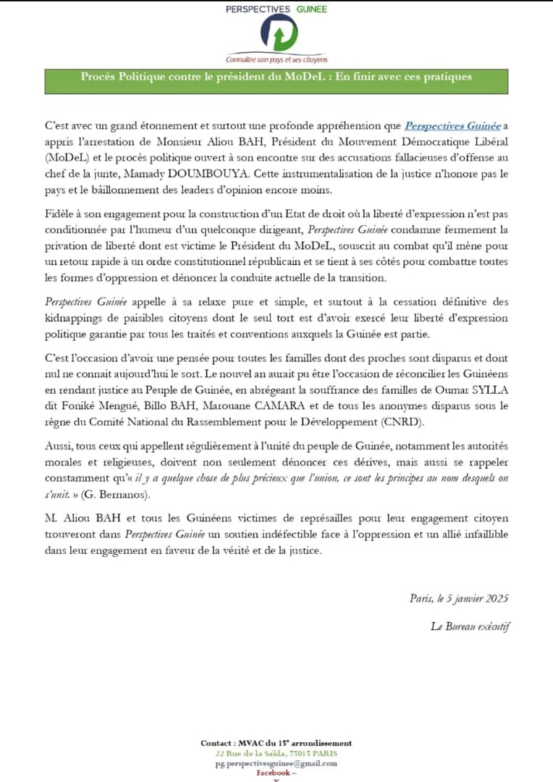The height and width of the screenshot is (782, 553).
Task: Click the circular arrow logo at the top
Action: [276, 34]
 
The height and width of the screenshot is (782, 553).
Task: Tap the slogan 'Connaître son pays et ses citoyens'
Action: [276, 59]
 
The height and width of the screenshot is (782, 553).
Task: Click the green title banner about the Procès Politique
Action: [276, 77]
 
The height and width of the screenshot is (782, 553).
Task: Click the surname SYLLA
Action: [490, 390]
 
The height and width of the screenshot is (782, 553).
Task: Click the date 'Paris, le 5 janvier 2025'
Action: [458, 598]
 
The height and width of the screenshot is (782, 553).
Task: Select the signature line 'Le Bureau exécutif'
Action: [469, 626]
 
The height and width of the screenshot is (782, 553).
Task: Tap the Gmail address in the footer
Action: [276, 763]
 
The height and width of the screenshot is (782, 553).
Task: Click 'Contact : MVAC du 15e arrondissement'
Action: [276, 743]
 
